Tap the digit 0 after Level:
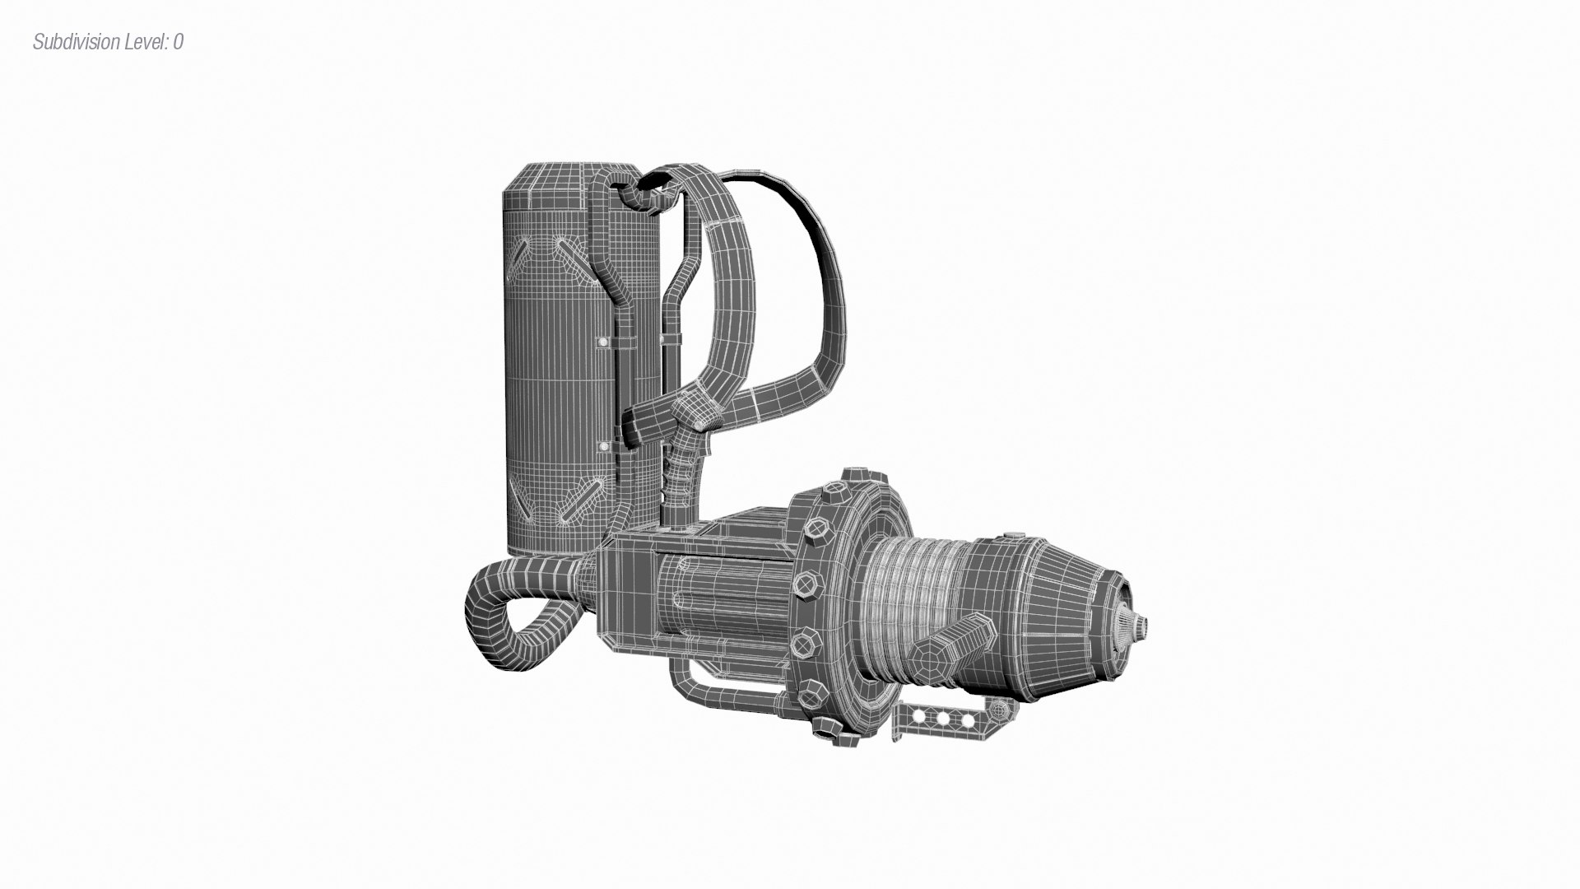[179, 42]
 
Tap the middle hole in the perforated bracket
[943, 718]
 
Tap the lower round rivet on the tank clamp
[604, 446]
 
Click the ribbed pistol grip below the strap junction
[680, 477]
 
